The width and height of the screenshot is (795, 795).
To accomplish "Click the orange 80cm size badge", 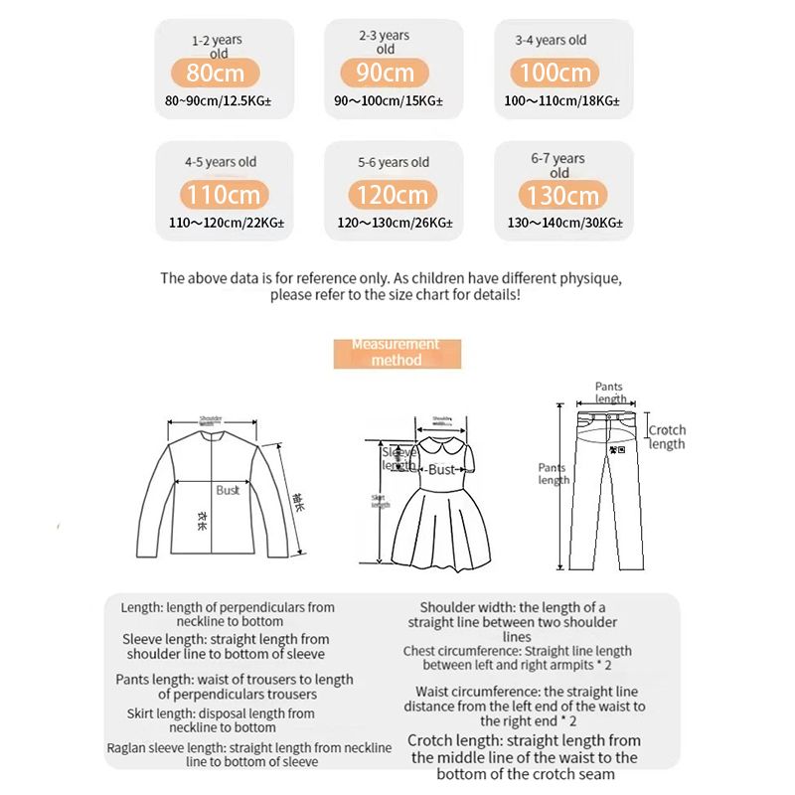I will tap(216, 73).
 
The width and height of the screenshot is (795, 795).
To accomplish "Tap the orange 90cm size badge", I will tap(385, 73).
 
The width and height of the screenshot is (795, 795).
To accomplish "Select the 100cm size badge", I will tap(553, 73).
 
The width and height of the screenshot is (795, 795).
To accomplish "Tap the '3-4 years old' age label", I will tap(551, 41).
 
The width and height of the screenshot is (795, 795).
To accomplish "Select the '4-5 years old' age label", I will tap(220, 162).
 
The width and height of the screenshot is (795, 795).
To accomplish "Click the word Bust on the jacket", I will tap(228, 490).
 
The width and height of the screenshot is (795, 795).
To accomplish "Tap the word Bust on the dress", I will tap(441, 470).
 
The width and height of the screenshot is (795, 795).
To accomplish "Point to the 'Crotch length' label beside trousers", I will tap(667, 437).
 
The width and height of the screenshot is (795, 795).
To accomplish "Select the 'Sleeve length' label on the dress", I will tap(399, 458).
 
